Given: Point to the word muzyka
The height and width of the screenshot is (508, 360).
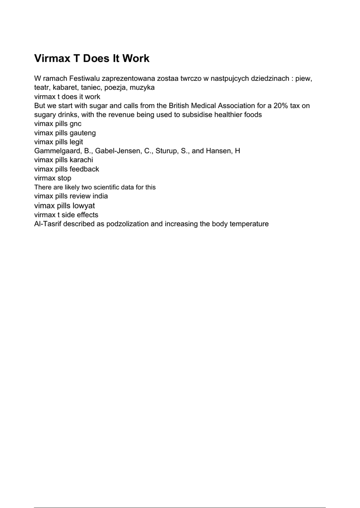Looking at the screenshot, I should click(142, 87).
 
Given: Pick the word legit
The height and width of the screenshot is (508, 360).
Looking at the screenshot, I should click(76, 142).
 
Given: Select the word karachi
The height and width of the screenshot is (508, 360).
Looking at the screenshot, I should click(81, 160).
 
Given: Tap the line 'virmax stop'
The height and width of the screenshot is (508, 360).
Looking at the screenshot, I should click(53, 178).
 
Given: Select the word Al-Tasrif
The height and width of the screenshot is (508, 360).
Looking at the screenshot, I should click(48, 224).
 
